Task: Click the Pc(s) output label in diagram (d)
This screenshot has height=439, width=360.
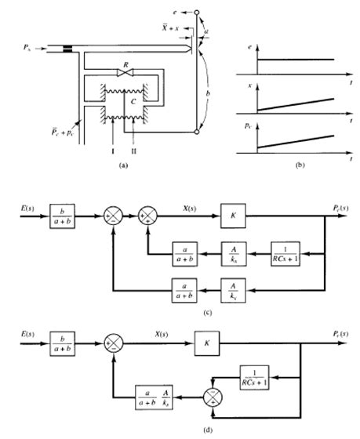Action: (x=335, y=333)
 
